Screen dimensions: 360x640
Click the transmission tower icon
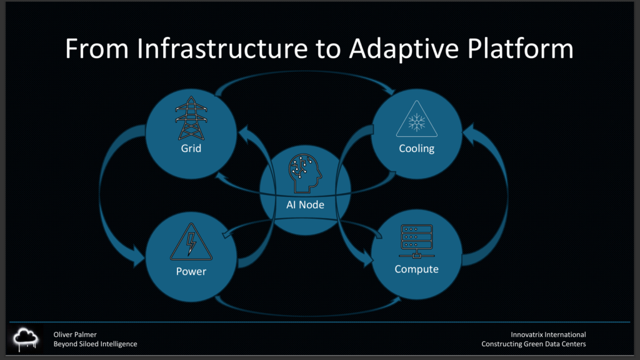(x=191, y=119)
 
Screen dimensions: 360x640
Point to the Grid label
(x=191, y=149)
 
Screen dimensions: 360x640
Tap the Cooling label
(x=416, y=149)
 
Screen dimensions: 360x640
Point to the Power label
(x=191, y=272)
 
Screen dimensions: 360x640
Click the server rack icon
(x=417, y=241)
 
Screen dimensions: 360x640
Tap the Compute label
(x=417, y=269)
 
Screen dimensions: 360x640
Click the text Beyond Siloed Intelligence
(x=95, y=344)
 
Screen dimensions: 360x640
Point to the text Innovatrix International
(x=548, y=334)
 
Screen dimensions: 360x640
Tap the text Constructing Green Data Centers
(x=534, y=344)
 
